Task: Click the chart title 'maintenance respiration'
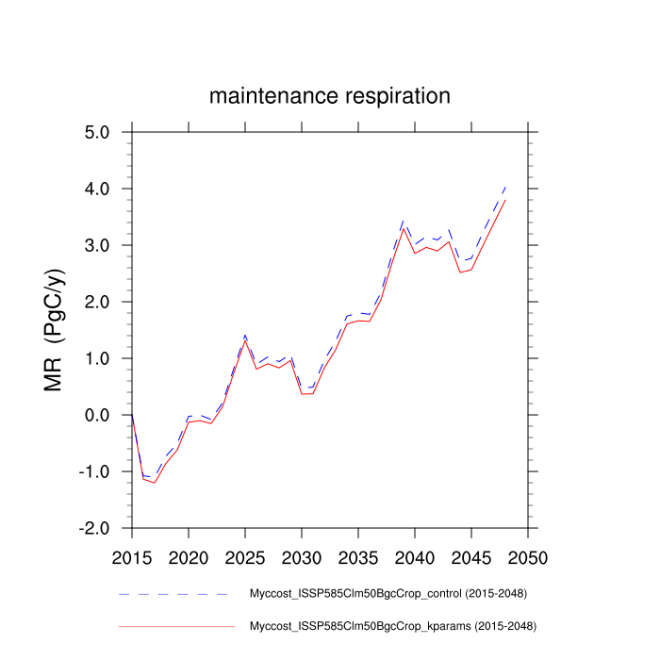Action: [329, 96]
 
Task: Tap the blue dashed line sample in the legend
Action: [174, 594]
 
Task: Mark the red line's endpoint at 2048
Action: [505, 200]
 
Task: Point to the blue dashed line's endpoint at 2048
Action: [505, 187]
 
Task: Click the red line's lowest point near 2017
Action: [155, 483]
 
